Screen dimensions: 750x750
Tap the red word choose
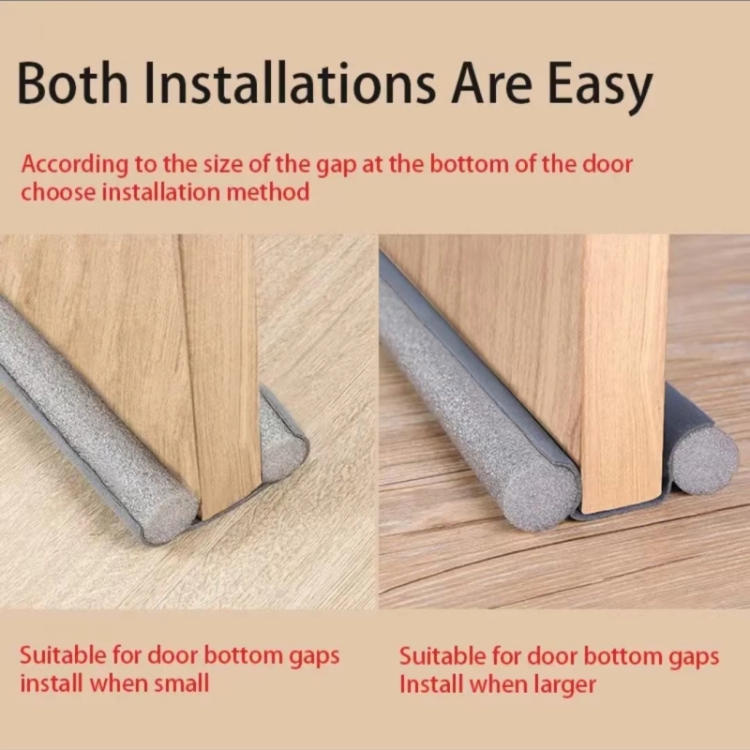coord(57,193)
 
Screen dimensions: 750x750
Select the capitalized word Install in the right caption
coord(430,684)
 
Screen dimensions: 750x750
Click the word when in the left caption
coord(116,683)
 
